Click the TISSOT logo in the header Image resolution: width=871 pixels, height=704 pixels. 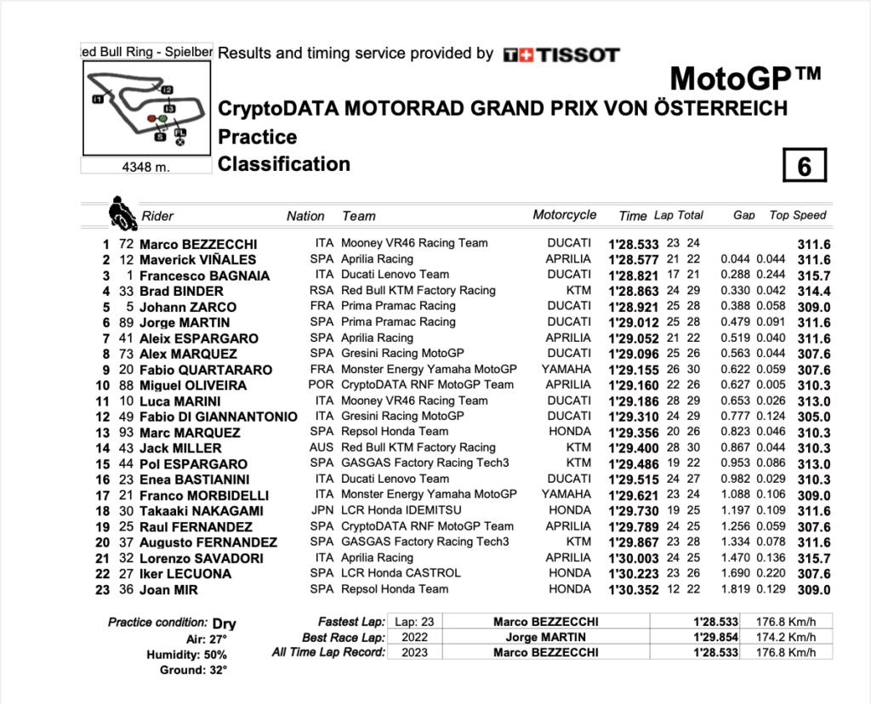561,54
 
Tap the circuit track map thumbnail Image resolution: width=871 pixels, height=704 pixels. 145,107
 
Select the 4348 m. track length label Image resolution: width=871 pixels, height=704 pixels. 145,167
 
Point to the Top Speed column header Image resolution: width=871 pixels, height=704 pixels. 798,215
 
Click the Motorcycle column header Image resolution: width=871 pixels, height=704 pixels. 565,215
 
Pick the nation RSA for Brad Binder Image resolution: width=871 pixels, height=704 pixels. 321,291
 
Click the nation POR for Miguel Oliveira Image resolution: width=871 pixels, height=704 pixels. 321,385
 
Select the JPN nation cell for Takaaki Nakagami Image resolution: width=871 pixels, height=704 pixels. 321,511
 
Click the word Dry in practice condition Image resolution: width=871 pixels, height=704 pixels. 225,623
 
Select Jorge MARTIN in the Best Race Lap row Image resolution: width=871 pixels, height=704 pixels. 545,638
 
